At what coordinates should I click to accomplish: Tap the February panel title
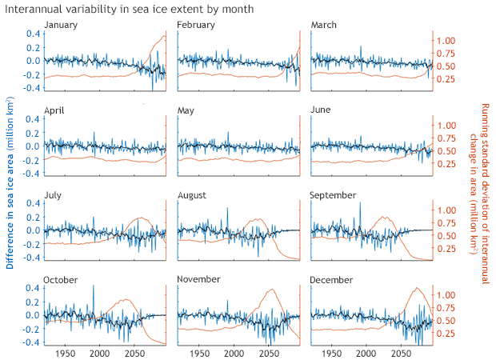point(196,25)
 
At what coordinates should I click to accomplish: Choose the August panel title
point(192,194)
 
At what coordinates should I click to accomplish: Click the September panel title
point(333,194)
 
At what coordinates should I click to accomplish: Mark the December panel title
point(331,279)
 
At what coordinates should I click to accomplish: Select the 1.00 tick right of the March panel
point(446,40)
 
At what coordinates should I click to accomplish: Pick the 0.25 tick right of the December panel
point(446,334)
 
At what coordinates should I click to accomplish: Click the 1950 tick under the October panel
point(66,353)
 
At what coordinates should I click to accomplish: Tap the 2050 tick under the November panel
point(268,353)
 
